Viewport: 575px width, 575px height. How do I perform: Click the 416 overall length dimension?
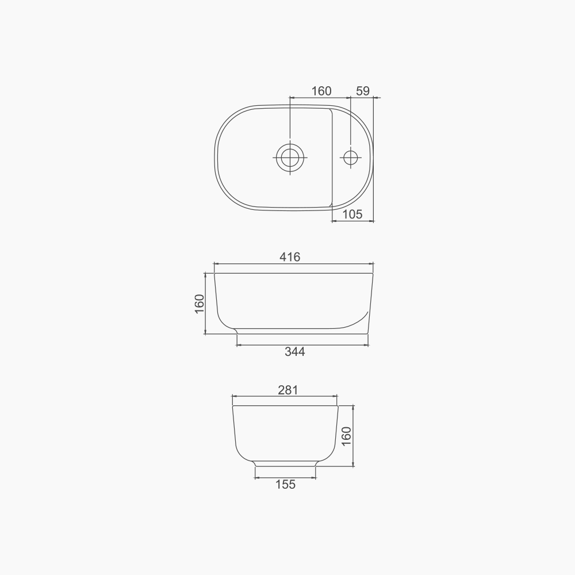(x=290, y=257)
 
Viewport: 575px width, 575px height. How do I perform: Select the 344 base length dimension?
(x=294, y=352)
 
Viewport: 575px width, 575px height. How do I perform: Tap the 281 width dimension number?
(x=287, y=390)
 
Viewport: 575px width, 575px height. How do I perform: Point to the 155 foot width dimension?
(x=285, y=485)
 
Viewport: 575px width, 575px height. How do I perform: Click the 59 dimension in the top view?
(x=363, y=91)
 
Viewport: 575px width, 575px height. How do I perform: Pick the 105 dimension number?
(x=352, y=214)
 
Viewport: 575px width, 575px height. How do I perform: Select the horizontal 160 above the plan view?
(x=321, y=91)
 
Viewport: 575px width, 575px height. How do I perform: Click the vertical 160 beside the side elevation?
(x=200, y=304)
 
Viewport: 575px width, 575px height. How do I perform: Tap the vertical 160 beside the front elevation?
(x=346, y=436)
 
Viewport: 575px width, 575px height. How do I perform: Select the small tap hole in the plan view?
(x=350, y=156)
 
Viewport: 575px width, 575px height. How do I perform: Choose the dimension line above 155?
(x=285, y=477)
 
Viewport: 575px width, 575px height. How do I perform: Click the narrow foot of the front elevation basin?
(x=285, y=463)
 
